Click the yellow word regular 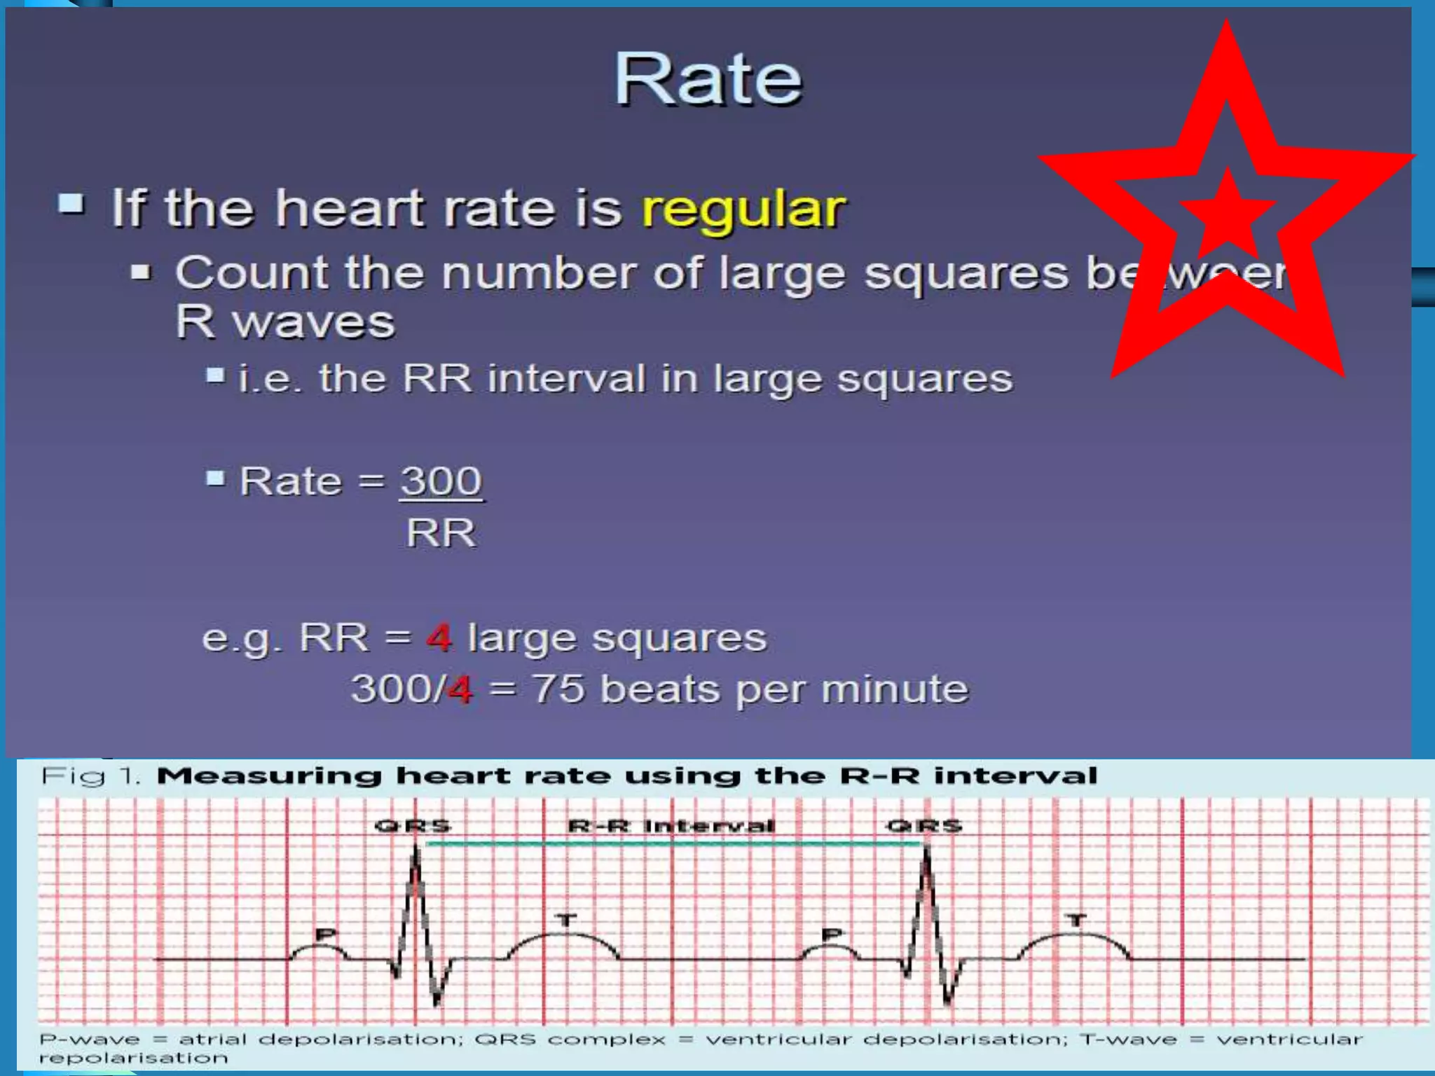(743, 209)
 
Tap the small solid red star (1228, 214)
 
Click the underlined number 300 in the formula (441, 482)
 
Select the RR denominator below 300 (441, 534)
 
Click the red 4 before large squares (439, 638)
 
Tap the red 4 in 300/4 (460, 689)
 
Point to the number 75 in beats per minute (558, 689)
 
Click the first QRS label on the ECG (413, 826)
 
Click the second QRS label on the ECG (924, 826)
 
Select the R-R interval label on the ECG (671, 826)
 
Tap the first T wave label (566, 920)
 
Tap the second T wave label (1077, 920)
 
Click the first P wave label (326, 934)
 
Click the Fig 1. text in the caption (91, 776)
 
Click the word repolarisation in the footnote (133, 1058)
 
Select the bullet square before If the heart (71, 204)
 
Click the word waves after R (313, 323)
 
